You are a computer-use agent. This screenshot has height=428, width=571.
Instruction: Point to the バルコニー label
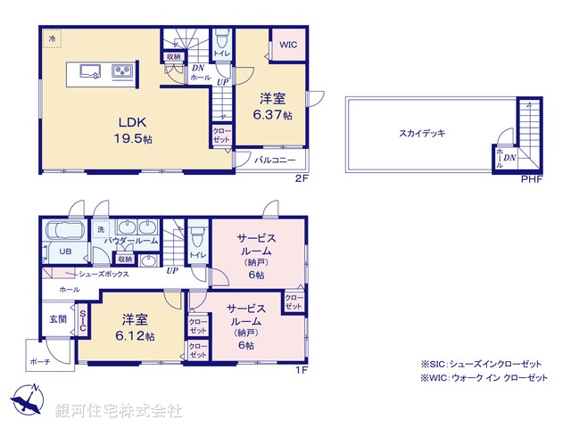pos(273,161)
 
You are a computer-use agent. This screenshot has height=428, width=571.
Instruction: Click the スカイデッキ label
pos(422,132)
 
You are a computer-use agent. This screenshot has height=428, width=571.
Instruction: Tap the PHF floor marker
pos(531,178)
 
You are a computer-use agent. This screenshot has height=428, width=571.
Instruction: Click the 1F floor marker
pos(301,367)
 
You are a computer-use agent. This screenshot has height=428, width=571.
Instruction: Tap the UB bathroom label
pos(65,252)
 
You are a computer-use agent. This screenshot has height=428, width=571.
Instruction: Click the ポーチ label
pos(39,362)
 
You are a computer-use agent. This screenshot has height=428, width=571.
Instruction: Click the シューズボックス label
pos(104,275)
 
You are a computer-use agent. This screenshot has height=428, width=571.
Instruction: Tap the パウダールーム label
pos(130,242)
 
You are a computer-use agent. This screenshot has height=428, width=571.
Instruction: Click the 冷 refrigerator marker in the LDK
pos(52,40)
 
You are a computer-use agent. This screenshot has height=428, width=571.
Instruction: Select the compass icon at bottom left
pos(27,399)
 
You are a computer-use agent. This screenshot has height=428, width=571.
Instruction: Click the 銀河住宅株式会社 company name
pos(119,411)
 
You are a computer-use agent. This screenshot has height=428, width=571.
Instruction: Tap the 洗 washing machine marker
pos(101,229)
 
